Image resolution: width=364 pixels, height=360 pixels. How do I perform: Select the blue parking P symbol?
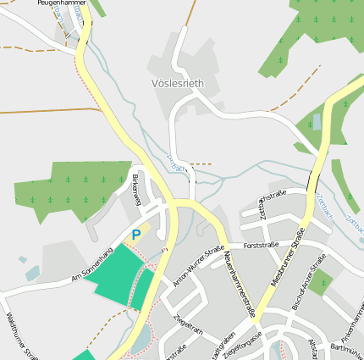coord(135,234)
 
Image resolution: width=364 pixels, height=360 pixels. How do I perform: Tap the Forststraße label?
coord(261,246)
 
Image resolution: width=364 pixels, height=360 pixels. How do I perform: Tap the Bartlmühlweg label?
coord(347,348)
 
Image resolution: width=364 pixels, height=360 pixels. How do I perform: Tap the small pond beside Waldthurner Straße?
coord(31,274)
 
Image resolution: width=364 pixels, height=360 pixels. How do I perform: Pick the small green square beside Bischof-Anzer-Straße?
coord(319,284)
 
